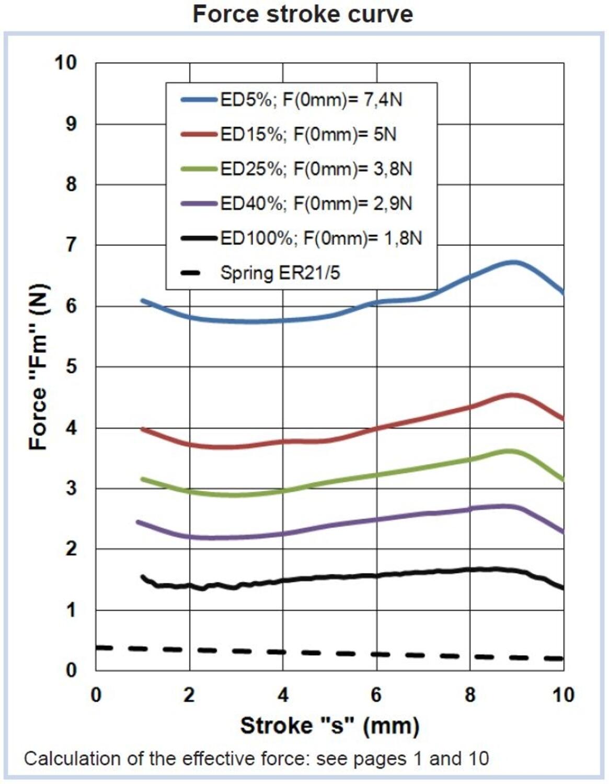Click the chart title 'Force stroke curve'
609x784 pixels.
point(303,14)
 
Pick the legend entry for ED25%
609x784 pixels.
point(296,169)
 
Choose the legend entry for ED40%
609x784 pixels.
point(296,203)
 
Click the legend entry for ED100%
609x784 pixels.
point(302,238)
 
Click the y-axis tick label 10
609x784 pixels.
point(66,63)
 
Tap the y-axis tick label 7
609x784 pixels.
point(71,245)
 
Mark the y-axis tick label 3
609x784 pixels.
point(71,488)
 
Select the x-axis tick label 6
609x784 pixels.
point(376,695)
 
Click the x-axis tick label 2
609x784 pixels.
point(189,695)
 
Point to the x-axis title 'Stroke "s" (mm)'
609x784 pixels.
point(330,725)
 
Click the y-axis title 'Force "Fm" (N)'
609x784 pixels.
point(39,366)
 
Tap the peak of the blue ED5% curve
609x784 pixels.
point(514,262)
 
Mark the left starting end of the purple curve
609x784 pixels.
point(138,522)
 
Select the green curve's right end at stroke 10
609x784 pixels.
point(562,479)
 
